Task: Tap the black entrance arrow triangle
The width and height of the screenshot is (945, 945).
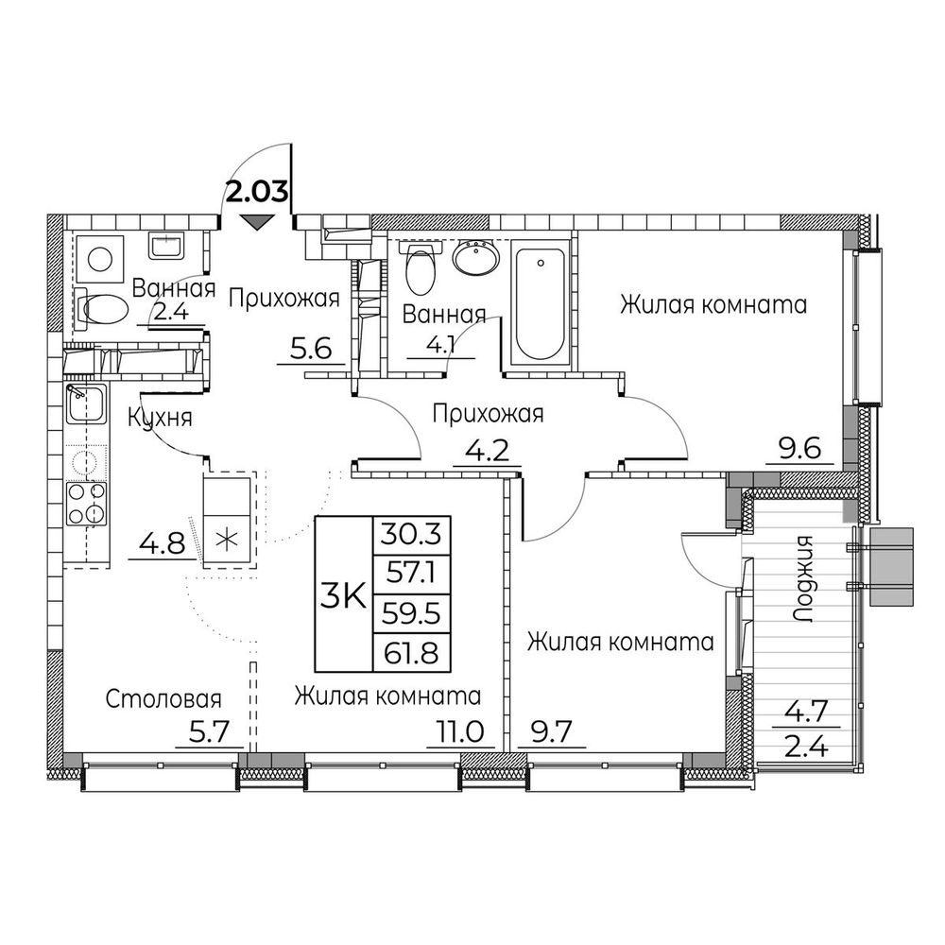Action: coord(256,223)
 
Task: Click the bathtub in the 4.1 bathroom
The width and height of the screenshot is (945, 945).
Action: coord(540,302)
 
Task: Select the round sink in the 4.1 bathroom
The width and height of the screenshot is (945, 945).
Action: coord(475,258)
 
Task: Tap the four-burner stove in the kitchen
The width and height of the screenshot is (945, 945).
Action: coord(86,503)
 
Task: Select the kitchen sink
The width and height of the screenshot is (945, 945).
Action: coord(86,404)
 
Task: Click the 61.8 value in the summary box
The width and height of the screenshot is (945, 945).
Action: coord(411,653)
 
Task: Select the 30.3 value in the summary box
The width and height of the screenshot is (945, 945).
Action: coord(411,534)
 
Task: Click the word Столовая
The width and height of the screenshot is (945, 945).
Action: coord(163,699)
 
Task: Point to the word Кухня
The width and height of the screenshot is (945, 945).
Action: coord(160,418)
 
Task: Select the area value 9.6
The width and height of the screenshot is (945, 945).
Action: coord(799,449)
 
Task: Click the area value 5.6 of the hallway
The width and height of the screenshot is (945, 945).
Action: coord(311,349)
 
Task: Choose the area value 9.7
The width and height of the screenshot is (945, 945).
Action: coord(552,733)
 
